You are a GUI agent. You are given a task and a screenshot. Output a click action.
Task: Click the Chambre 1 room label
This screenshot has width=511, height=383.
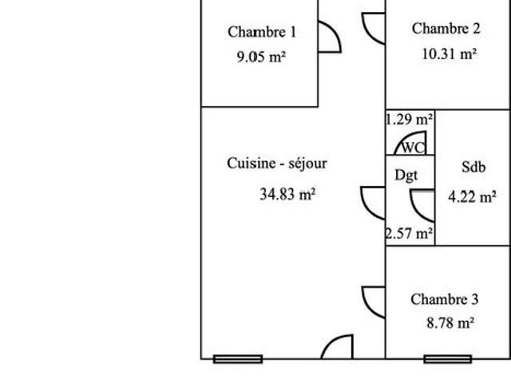pyautogui.click(x=262, y=32)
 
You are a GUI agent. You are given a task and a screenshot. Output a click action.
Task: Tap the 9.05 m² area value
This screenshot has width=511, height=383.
pyautogui.click(x=261, y=57)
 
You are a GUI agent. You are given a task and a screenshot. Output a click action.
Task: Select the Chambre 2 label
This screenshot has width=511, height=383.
pyautogui.click(x=446, y=29)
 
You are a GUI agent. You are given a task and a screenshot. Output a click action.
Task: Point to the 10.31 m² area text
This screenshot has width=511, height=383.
pyautogui.click(x=450, y=53)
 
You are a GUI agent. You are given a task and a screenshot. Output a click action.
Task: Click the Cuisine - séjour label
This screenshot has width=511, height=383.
pyautogui.click(x=277, y=163)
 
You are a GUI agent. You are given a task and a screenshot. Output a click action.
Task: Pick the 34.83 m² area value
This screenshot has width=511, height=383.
pyautogui.click(x=287, y=195)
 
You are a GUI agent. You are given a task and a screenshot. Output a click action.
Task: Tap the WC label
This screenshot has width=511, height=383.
pyautogui.click(x=414, y=148)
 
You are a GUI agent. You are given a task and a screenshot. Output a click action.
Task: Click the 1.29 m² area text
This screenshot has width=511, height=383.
pyautogui.click(x=410, y=120)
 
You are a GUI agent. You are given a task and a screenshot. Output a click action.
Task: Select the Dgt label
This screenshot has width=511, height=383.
pyautogui.click(x=406, y=176)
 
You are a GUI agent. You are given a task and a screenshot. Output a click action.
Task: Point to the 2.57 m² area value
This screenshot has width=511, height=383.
pyautogui.click(x=410, y=233)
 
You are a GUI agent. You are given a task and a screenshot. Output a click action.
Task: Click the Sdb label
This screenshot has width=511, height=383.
pyautogui.click(x=473, y=167)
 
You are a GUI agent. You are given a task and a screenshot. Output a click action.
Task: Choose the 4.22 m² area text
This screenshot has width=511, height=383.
pyautogui.click(x=472, y=197)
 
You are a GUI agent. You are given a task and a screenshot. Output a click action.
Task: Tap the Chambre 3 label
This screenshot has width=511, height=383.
pyautogui.click(x=445, y=299)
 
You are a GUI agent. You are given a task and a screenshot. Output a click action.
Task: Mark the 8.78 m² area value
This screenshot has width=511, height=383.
pyautogui.click(x=450, y=323)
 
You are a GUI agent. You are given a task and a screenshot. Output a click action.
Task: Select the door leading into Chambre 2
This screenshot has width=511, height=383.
pyautogui.click(x=367, y=34)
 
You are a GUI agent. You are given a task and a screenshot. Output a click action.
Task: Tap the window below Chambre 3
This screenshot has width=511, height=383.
pyautogui.click(x=448, y=359)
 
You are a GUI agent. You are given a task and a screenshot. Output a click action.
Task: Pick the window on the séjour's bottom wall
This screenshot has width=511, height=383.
pyautogui.click(x=238, y=359)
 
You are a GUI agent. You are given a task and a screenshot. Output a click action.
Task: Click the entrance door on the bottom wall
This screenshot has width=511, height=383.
pyautogui.click(x=332, y=342)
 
